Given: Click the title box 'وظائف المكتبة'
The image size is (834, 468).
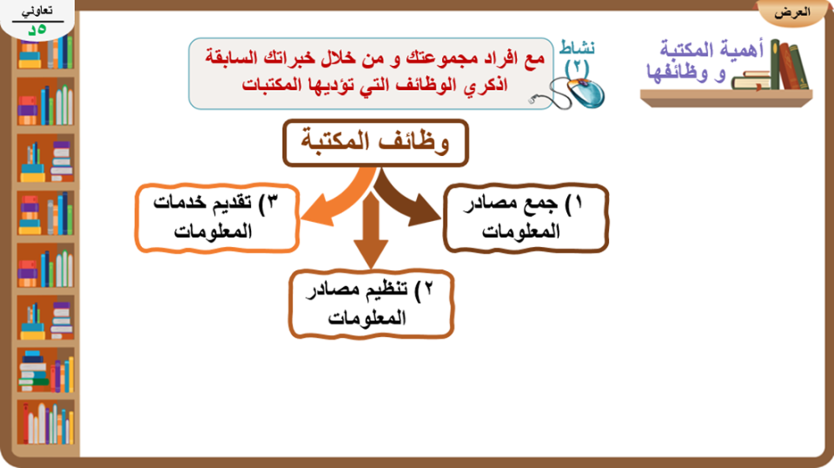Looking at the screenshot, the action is click(x=375, y=143).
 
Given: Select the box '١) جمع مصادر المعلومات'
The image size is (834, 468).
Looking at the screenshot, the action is click(x=525, y=218).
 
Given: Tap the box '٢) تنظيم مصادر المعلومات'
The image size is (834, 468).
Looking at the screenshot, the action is click(x=371, y=304).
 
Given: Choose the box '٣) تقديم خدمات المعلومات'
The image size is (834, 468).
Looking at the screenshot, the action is click(x=217, y=218).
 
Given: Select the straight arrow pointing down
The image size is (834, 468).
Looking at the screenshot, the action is click(x=371, y=229).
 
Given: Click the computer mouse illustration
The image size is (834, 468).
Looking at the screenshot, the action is click(x=569, y=93).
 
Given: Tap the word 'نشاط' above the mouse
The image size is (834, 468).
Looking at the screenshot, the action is click(x=576, y=49).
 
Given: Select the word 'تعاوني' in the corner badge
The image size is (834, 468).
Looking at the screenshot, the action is click(x=37, y=11).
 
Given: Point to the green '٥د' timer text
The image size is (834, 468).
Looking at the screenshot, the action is click(x=38, y=30).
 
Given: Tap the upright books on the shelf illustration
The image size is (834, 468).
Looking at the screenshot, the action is click(x=789, y=64).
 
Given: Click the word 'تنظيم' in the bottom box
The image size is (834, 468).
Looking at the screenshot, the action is click(x=382, y=289).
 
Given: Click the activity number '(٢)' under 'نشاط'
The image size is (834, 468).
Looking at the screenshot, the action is click(x=576, y=68).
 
